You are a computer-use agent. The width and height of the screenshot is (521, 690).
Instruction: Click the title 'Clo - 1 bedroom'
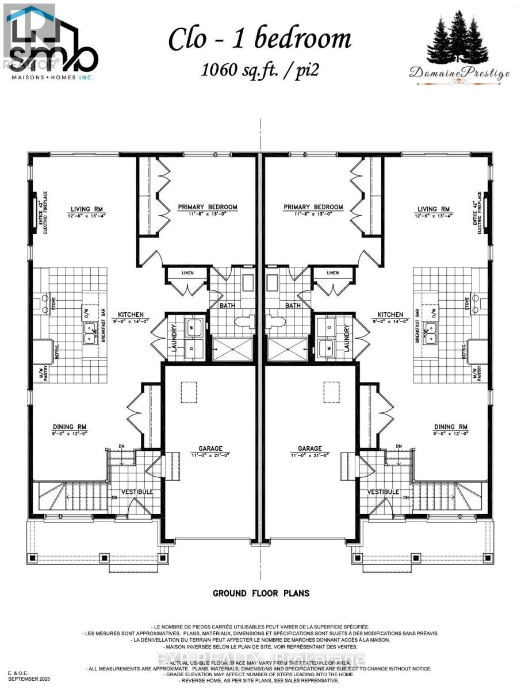pos(259,39)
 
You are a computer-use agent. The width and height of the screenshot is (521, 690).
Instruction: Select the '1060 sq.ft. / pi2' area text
pos(259,70)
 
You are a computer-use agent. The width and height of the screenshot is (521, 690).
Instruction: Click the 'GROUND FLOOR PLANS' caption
pos(261,593)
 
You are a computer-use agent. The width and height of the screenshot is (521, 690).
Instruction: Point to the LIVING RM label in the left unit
pos(86,209)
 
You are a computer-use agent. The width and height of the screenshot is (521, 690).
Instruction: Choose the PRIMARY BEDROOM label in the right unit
pos(313,207)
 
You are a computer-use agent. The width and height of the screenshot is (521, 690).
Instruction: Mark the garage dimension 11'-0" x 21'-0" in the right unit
pos(310,455)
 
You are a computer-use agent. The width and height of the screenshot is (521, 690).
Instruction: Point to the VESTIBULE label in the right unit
pos(383,492)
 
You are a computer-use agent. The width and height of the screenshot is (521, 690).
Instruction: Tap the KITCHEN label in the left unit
pos(131,315)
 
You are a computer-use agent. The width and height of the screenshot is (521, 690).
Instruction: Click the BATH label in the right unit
pos(293,305)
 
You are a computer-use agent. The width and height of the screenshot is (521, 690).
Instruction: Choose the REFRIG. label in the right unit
pos(464,350)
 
